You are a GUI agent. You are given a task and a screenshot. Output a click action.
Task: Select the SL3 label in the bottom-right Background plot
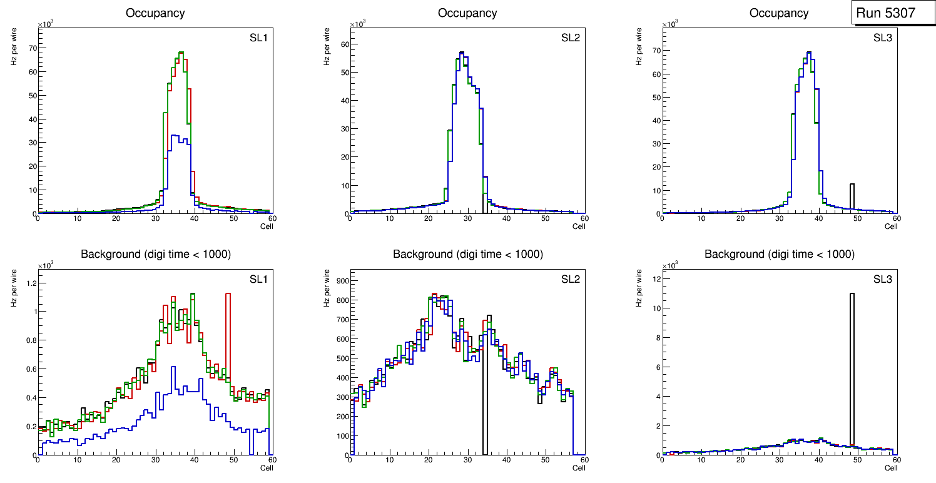pyautogui.click(x=882, y=279)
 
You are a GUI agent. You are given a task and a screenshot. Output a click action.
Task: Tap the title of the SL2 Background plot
pyautogui.click(x=467, y=254)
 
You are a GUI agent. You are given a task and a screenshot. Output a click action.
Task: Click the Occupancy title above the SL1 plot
pyautogui.click(x=155, y=13)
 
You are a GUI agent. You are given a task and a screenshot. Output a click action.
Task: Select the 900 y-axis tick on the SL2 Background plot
pyautogui.click(x=340, y=280)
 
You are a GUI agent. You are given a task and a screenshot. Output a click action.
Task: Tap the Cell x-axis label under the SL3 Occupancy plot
pyautogui.click(x=890, y=226)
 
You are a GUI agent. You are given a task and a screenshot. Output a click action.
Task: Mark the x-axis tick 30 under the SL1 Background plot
pyautogui.click(x=155, y=460)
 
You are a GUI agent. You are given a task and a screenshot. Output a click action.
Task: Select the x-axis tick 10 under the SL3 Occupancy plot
pyautogui.click(x=701, y=218)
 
